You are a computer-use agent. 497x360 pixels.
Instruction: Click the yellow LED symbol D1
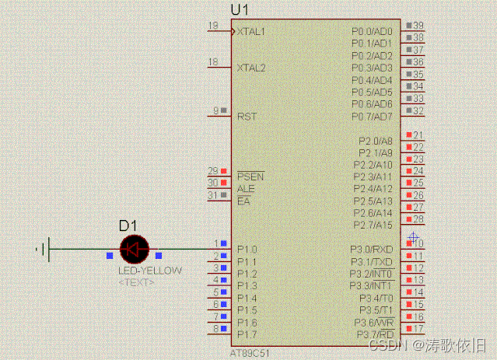click(134, 249)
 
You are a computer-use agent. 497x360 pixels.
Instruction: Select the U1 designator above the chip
click(240, 9)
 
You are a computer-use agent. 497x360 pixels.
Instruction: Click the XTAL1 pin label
click(251, 32)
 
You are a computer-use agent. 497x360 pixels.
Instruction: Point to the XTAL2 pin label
click(251, 68)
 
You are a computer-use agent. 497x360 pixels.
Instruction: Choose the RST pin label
click(247, 116)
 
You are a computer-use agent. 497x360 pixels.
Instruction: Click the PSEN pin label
click(250, 177)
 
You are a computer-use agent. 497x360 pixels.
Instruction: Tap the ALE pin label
click(246, 189)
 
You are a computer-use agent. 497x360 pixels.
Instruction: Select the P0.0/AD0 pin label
click(372, 32)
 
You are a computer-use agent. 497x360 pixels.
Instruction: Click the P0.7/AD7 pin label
click(372, 117)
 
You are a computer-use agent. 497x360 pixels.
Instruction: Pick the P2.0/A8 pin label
click(376, 141)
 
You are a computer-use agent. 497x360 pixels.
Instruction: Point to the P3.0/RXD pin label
click(372, 250)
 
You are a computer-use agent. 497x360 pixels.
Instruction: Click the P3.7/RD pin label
click(374, 334)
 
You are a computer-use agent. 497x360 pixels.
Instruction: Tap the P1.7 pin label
click(247, 334)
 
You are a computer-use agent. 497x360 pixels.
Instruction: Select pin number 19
click(213, 26)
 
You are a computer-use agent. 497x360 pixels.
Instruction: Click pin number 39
click(418, 26)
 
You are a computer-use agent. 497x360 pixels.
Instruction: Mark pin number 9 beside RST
click(216, 110)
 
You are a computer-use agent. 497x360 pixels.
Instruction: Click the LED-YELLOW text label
click(150, 271)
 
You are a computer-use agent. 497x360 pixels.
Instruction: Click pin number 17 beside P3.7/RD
click(418, 329)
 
